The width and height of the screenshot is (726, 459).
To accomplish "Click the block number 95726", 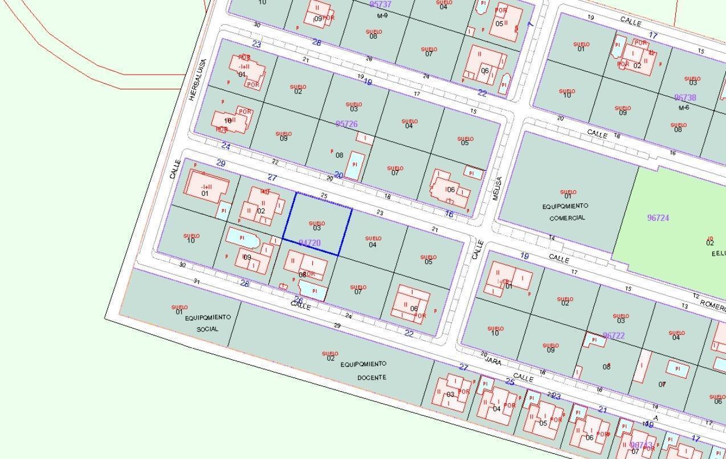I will point(346,124).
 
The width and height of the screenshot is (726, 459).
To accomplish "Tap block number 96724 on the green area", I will point(658,218).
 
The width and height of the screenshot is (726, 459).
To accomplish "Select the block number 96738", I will point(685,98).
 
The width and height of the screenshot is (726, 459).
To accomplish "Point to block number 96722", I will point(613,336).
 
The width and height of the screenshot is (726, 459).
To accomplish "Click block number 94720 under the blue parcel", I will point(309,243).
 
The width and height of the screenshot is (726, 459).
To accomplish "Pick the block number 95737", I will point(380,5).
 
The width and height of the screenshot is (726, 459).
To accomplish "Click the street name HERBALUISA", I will point(197,80).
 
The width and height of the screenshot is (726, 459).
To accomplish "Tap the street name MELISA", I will point(496,188).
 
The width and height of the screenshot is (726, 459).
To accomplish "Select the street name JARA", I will point(493,359).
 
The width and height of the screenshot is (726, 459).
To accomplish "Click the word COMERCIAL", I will point(568,218).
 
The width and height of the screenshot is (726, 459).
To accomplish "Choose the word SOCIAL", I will point(207,329).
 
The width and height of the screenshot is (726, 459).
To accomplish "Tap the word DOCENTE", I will point(372,378).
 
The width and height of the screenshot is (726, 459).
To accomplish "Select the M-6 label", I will point(684,108).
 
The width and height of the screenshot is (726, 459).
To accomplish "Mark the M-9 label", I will point(382,15).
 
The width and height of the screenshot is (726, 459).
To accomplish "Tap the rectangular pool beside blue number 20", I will point(355,165).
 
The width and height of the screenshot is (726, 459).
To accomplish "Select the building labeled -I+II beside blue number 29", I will point(206,186).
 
